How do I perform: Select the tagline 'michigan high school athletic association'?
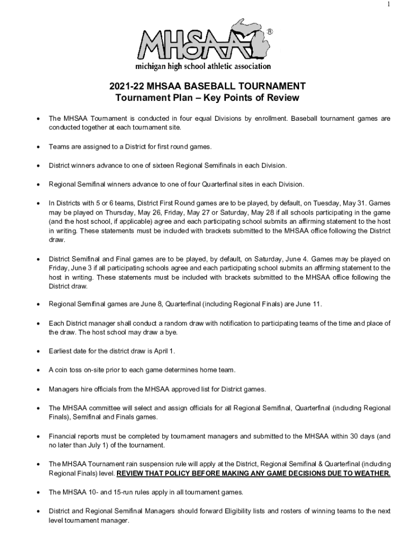point(203,66)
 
